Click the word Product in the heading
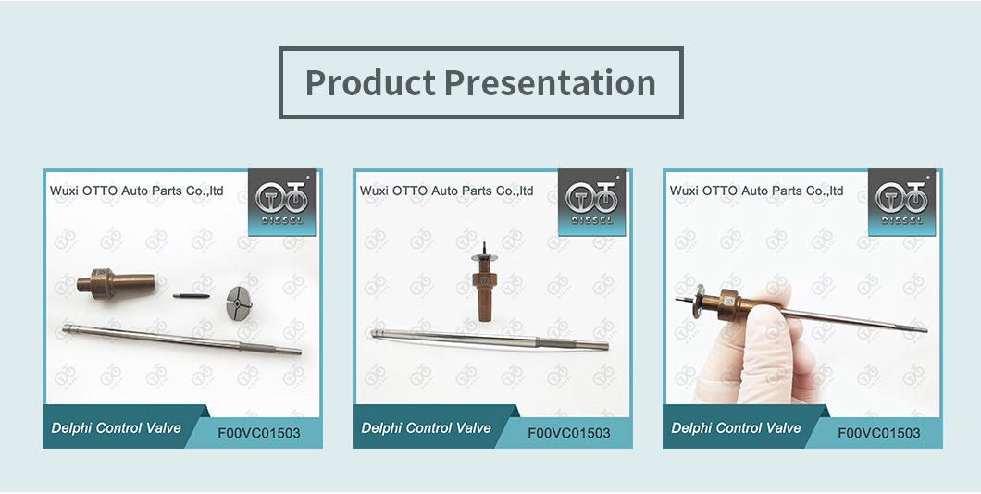(x=370, y=83)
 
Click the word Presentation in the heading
(x=550, y=83)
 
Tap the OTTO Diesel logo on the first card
(x=281, y=202)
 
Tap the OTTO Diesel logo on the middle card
(x=591, y=202)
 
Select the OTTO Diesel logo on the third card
(x=901, y=202)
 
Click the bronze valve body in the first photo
(x=116, y=284)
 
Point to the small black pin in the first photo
(x=191, y=296)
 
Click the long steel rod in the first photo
(x=181, y=339)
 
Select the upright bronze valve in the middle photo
(x=483, y=281)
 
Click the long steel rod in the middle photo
(x=490, y=339)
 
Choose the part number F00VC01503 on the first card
(x=259, y=433)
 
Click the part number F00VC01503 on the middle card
(x=569, y=433)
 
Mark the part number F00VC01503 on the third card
(x=879, y=433)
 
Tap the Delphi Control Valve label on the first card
(x=116, y=428)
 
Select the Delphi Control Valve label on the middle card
(x=426, y=428)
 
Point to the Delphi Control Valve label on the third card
(x=736, y=428)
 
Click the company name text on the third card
(x=756, y=191)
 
